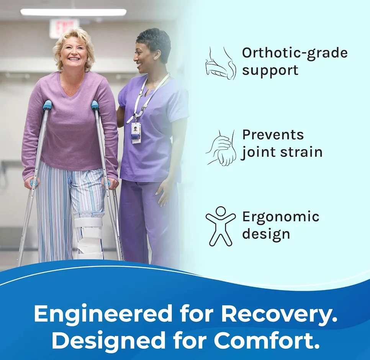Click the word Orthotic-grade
point(295,53)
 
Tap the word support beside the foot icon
point(270,71)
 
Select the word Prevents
point(273,134)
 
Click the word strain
point(301,152)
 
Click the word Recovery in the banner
point(279,314)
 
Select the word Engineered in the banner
point(103,314)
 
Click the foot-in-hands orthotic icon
point(220,63)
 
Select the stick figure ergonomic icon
point(221,226)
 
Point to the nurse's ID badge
point(136,133)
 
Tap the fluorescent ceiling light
point(73,12)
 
